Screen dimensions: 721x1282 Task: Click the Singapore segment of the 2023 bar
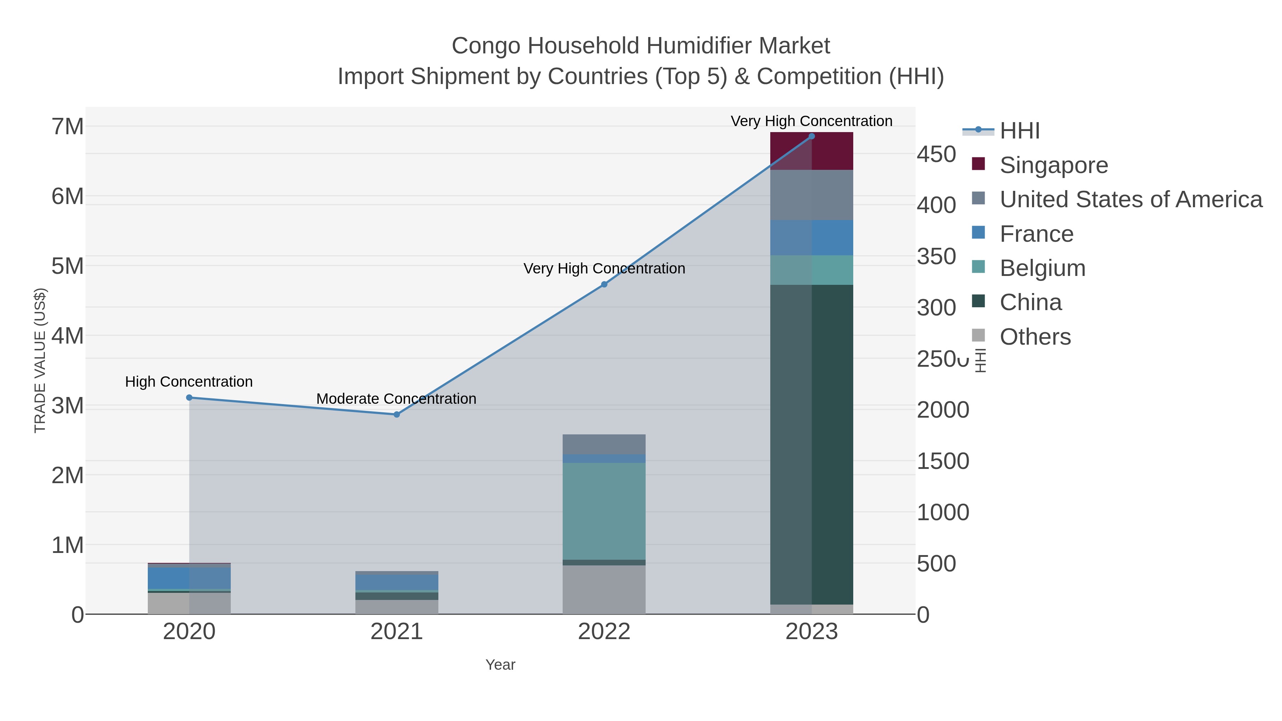(811, 151)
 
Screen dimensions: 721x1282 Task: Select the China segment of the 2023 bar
(811, 444)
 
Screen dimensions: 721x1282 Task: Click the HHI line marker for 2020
(189, 398)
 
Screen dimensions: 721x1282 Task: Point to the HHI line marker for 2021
(397, 414)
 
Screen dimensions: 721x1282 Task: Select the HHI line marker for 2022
(604, 284)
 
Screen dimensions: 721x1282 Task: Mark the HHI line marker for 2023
(812, 136)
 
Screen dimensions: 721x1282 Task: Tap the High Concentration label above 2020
(189, 382)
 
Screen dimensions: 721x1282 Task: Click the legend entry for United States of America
(1130, 199)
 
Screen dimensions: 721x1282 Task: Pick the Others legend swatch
(978, 336)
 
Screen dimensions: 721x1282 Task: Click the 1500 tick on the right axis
(943, 461)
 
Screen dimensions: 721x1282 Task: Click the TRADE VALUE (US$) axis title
(40, 360)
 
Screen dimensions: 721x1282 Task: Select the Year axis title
(500, 665)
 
